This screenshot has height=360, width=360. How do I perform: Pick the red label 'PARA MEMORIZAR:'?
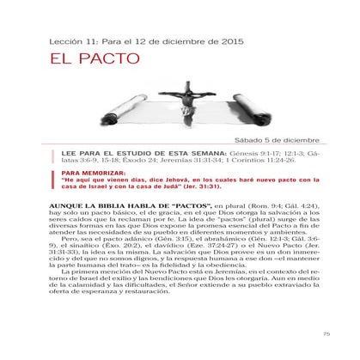coord(88,173)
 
